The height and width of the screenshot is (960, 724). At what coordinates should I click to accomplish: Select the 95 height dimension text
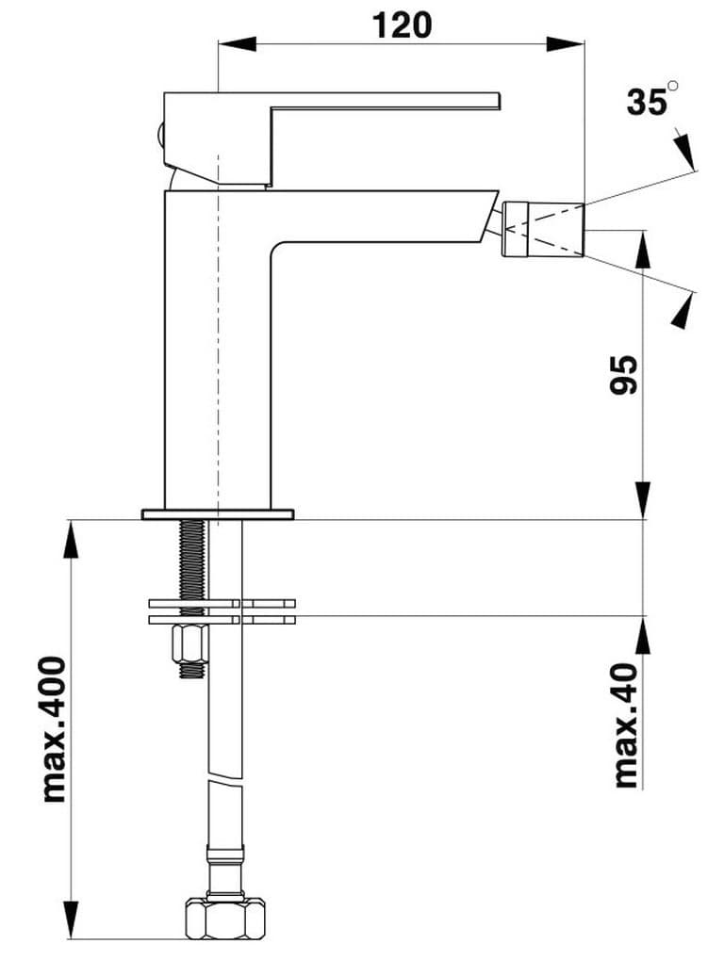tap(623, 374)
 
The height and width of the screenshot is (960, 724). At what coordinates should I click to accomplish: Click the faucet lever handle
tap(377, 103)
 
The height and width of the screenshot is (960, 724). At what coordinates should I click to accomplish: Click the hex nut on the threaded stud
tap(191, 645)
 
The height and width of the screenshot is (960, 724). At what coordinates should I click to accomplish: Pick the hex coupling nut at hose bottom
tap(223, 916)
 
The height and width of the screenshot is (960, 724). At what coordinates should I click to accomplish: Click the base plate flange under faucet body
tap(217, 514)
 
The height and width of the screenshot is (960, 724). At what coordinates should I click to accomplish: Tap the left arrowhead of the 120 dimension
tap(237, 43)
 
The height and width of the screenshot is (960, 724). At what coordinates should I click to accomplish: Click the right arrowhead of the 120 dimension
tap(566, 43)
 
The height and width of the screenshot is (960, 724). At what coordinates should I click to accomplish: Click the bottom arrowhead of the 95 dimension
tap(643, 498)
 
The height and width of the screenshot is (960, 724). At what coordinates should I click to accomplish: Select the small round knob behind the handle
tap(162, 134)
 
